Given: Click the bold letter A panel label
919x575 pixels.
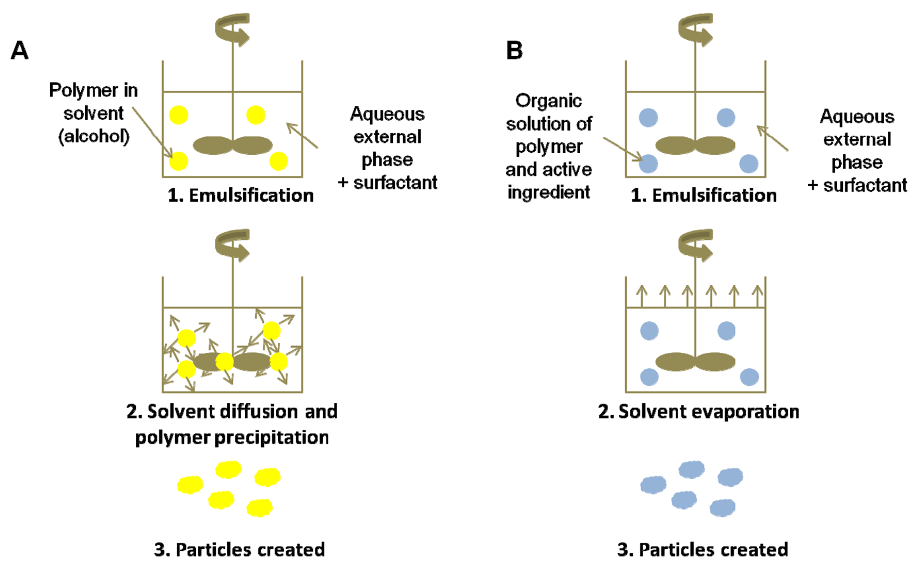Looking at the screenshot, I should (20, 50).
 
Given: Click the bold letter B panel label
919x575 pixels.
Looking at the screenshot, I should (514, 50).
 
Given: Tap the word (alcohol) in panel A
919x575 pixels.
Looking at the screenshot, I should (94, 136).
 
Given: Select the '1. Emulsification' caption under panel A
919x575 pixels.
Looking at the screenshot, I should (241, 195).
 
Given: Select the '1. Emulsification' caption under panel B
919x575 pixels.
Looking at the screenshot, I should (703, 195).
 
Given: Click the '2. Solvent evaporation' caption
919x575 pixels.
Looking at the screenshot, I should (698, 411).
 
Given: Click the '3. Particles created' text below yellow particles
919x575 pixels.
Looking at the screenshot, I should (239, 549).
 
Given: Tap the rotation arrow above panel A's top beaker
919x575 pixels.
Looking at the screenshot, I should (233, 30).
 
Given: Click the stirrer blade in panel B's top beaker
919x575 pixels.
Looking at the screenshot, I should (695, 145).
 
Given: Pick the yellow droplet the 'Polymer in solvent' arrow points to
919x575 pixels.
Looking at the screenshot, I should (179, 161).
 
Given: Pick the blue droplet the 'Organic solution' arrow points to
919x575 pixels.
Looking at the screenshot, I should (648, 164).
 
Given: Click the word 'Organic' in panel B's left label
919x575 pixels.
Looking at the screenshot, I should (548, 101).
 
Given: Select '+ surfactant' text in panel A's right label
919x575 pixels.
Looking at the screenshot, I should (388, 183).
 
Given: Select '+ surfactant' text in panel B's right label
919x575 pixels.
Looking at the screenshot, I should (857, 185).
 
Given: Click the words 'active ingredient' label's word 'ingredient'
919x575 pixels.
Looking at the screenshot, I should (548, 192).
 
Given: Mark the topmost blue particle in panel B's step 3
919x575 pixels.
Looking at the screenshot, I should (691, 470).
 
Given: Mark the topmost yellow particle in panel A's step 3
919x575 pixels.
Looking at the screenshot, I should (228, 470).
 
